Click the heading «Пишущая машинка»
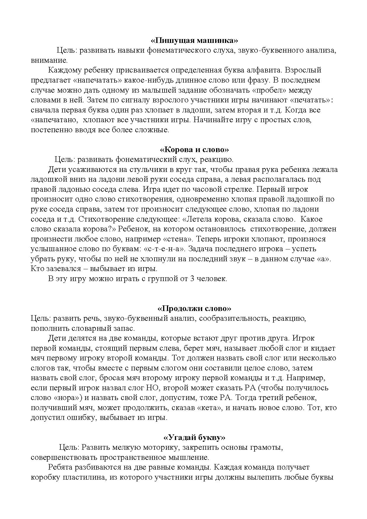[x=194, y=40]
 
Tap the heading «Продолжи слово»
[x=194, y=308]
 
